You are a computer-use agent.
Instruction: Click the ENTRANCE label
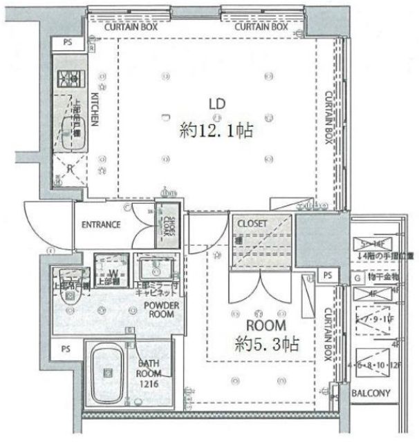tap(102, 225)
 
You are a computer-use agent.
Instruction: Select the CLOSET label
tap(254, 224)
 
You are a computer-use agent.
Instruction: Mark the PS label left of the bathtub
tap(66, 349)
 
